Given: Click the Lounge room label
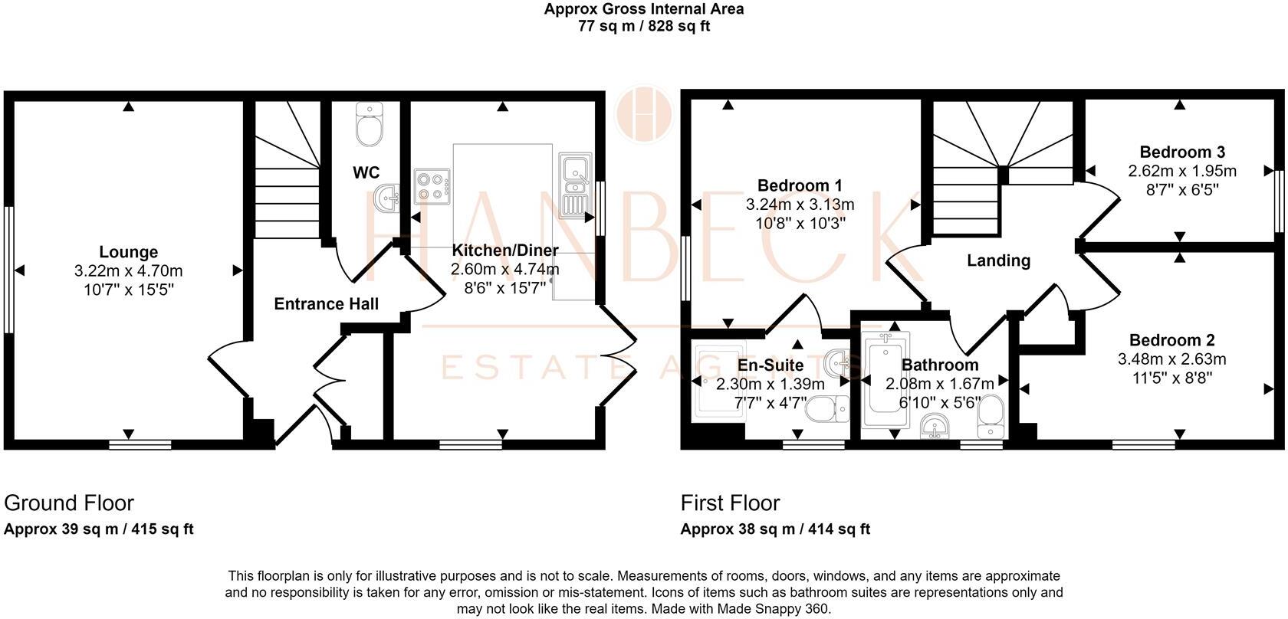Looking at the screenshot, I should click(x=128, y=252).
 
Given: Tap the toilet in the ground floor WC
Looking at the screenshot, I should click(x=370, y=126).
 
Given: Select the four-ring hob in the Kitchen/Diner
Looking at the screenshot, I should click(x=433, y=186).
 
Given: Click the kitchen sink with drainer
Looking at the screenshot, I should click(x=574, y=185).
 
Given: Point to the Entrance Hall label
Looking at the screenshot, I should click(x=326, y=304).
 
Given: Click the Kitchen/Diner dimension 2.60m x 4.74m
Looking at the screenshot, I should click(x=504, y=269).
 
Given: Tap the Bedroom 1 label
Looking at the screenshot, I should click(x=800, y=185).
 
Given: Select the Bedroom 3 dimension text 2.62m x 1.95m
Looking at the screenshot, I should click(x=1181, y=171).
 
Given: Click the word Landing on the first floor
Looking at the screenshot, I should click(x=998, y=260).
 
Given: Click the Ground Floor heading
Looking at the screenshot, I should click(x=69, y=503).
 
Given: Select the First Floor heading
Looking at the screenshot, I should click(x=730, y=503).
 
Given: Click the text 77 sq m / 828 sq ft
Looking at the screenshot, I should click(x=643, y=26).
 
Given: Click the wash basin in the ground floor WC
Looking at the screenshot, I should click(x=387, y=199).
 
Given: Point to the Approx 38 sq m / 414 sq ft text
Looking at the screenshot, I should click(x=775, y=529).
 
